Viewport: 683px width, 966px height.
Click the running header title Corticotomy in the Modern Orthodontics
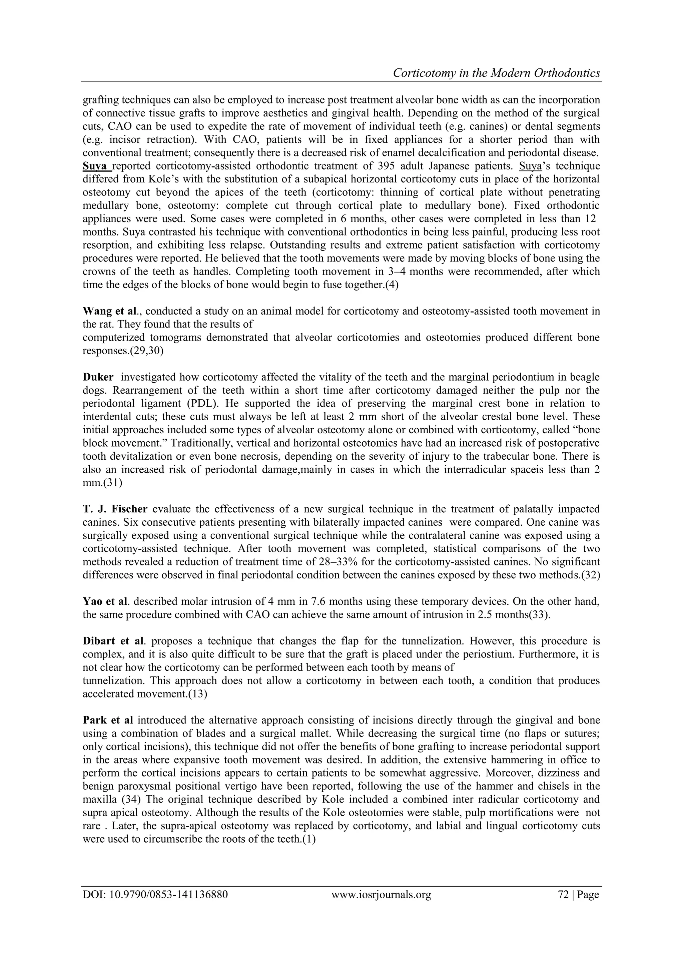point(496,73)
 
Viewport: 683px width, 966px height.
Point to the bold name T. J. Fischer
point(115,509)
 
